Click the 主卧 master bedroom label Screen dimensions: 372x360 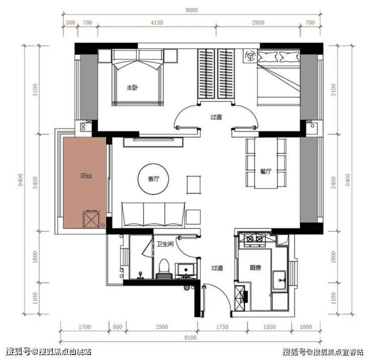[132, 87]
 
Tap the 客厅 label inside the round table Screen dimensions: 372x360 [153, 179]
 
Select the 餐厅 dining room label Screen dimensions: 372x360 [266, 171]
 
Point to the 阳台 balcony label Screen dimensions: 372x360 [86, 176]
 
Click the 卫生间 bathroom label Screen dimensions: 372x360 [165, 244]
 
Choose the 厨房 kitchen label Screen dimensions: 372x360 [255, 268]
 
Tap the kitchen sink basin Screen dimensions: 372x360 [279, 280]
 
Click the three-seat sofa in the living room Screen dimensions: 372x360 [153, 215]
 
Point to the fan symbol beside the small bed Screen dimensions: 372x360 [250, 56]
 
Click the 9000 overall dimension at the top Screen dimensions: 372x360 [192, 10]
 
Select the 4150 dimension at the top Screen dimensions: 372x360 [157, 23]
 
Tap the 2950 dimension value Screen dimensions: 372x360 [258, 23]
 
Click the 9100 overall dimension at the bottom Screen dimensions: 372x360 [191, 337]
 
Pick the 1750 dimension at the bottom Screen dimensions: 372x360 [222, 327]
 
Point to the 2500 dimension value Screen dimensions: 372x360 [162, 327]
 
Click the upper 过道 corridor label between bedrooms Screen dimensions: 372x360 [216, 117]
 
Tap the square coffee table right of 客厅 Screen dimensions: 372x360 [194, 185]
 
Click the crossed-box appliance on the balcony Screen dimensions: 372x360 [91, 219]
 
